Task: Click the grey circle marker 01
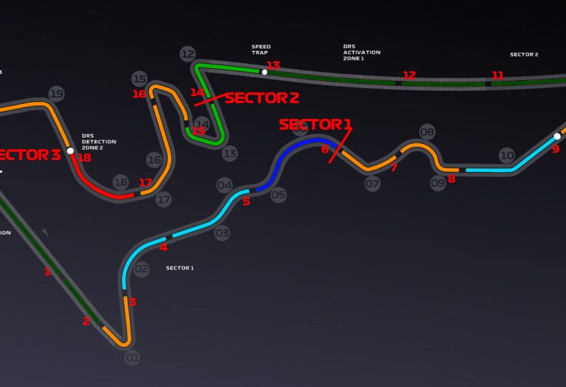click(132, 357)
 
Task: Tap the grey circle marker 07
click(372, 184)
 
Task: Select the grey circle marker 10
click(507, 155)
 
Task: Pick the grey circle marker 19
click(57, 93)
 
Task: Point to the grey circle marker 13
click(229, 153)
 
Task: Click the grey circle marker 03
click(222, 233)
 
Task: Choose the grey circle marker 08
click(427, 132)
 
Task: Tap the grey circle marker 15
click(140, 79)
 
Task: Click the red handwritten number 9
click(555, 149)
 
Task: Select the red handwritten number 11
click(497, 75)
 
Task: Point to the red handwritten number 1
click(48, 272)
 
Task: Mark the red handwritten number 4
click(163, 248)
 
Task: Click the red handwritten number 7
click(393, 168)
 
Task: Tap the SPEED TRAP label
click(261, 50)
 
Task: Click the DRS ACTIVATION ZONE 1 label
click(362, 52)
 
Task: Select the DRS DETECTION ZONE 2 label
click(98, 142)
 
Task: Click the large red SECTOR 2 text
click(262, 98)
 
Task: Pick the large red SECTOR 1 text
click(315, 125)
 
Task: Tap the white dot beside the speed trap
click(264, 72)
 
